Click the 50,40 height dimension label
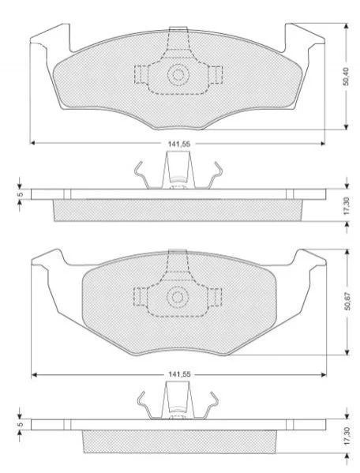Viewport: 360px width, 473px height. click(x=347, y=77)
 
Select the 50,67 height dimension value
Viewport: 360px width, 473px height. click(x=347, y=302)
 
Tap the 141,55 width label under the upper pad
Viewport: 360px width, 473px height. click(x=179, y=145)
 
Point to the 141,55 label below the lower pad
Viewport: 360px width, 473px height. click(x=179, y=374)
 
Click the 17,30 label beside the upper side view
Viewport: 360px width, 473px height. click(x=347, y=206)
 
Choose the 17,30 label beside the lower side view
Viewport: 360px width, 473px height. click(x=347, y=436)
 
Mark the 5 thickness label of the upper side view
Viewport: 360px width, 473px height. click(x=21, y=194)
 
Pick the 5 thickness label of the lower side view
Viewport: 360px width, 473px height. click(x=21, y=425)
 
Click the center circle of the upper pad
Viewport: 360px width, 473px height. click(x=178, y=74)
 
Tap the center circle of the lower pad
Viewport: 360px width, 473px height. click(x=178, y=297)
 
